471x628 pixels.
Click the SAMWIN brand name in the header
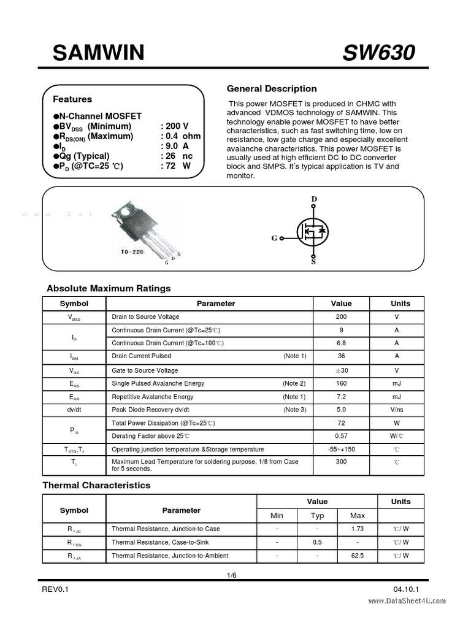tap(98, 53)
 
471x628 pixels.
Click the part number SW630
tap(378, 53)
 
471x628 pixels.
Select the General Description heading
tap(272, 89)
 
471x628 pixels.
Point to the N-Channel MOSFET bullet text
tap(101, 116)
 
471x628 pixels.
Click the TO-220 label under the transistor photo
tap(132, 252)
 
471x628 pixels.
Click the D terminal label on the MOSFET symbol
tap(314, 199)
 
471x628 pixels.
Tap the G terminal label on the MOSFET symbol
tap(274, 239)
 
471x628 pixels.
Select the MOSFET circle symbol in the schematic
tap(313, 232)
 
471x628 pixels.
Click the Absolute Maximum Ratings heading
tap(109, 288)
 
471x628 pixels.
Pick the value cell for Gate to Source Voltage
tap(341, 370)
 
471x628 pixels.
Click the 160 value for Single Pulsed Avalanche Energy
tap(341, 383)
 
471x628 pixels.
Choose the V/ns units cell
tap(397, 410)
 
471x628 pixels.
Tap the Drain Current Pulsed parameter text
tap(142, 356)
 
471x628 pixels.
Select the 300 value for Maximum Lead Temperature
tap(341, 462)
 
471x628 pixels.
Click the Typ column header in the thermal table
tap(317, 516)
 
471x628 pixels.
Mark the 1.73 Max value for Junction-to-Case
tap(357, 529)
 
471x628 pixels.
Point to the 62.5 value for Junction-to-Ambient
tap(357, 556)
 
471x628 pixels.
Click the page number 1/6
tap(231, 575)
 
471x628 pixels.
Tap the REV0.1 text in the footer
tap(56, 589)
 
